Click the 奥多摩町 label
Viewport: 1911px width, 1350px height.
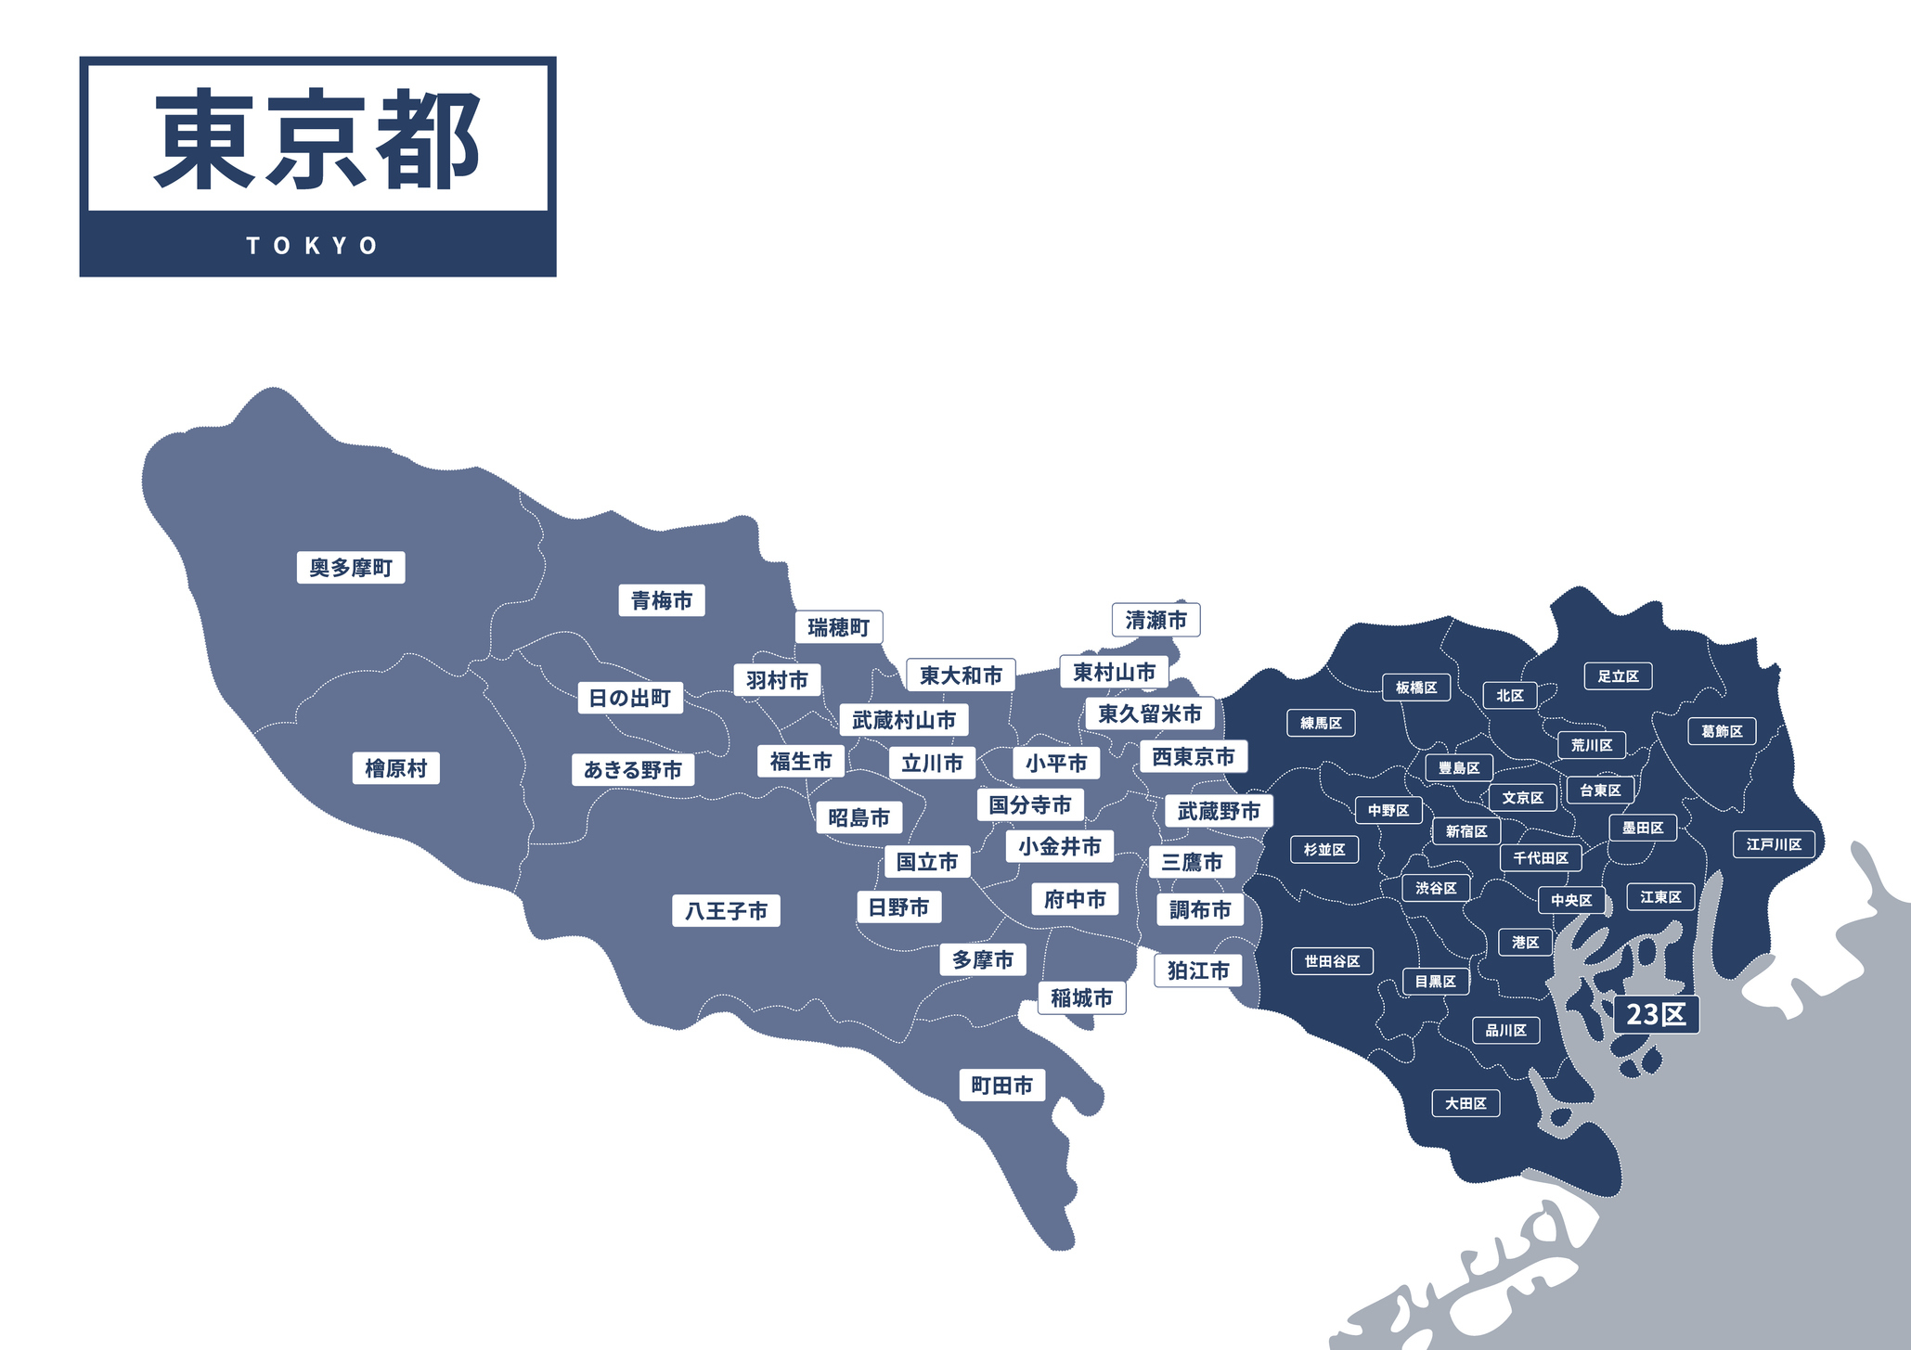coord(351,568)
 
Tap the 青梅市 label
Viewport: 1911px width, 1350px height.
coord(662,601)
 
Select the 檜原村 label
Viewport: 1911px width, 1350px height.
coord(396,769)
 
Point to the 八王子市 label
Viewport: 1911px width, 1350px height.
coord(726,911)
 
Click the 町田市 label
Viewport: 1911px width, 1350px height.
coord(1001,1086)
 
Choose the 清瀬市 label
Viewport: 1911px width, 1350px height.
coord(1156,620)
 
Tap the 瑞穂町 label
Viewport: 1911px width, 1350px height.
coord(838,628)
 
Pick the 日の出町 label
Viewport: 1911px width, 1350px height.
coord(630,698)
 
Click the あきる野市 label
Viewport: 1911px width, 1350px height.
coord(632,770)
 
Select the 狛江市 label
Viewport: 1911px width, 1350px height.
coord(1198,971)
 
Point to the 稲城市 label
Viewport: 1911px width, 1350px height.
coord(1081,998)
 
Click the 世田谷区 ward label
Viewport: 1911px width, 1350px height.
coord(1332,961)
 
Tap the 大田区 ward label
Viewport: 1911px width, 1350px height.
coord(1466,1103)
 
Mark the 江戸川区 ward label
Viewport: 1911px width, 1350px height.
coord(1774,844)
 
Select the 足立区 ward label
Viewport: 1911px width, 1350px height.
coord(1618,676)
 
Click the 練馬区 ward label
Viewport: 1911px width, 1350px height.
coord(1321,723)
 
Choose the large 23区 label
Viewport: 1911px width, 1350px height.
coord(1656,1014)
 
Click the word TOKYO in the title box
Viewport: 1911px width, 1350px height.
coord(313,246)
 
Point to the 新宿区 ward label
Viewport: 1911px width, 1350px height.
coord(1466,831)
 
